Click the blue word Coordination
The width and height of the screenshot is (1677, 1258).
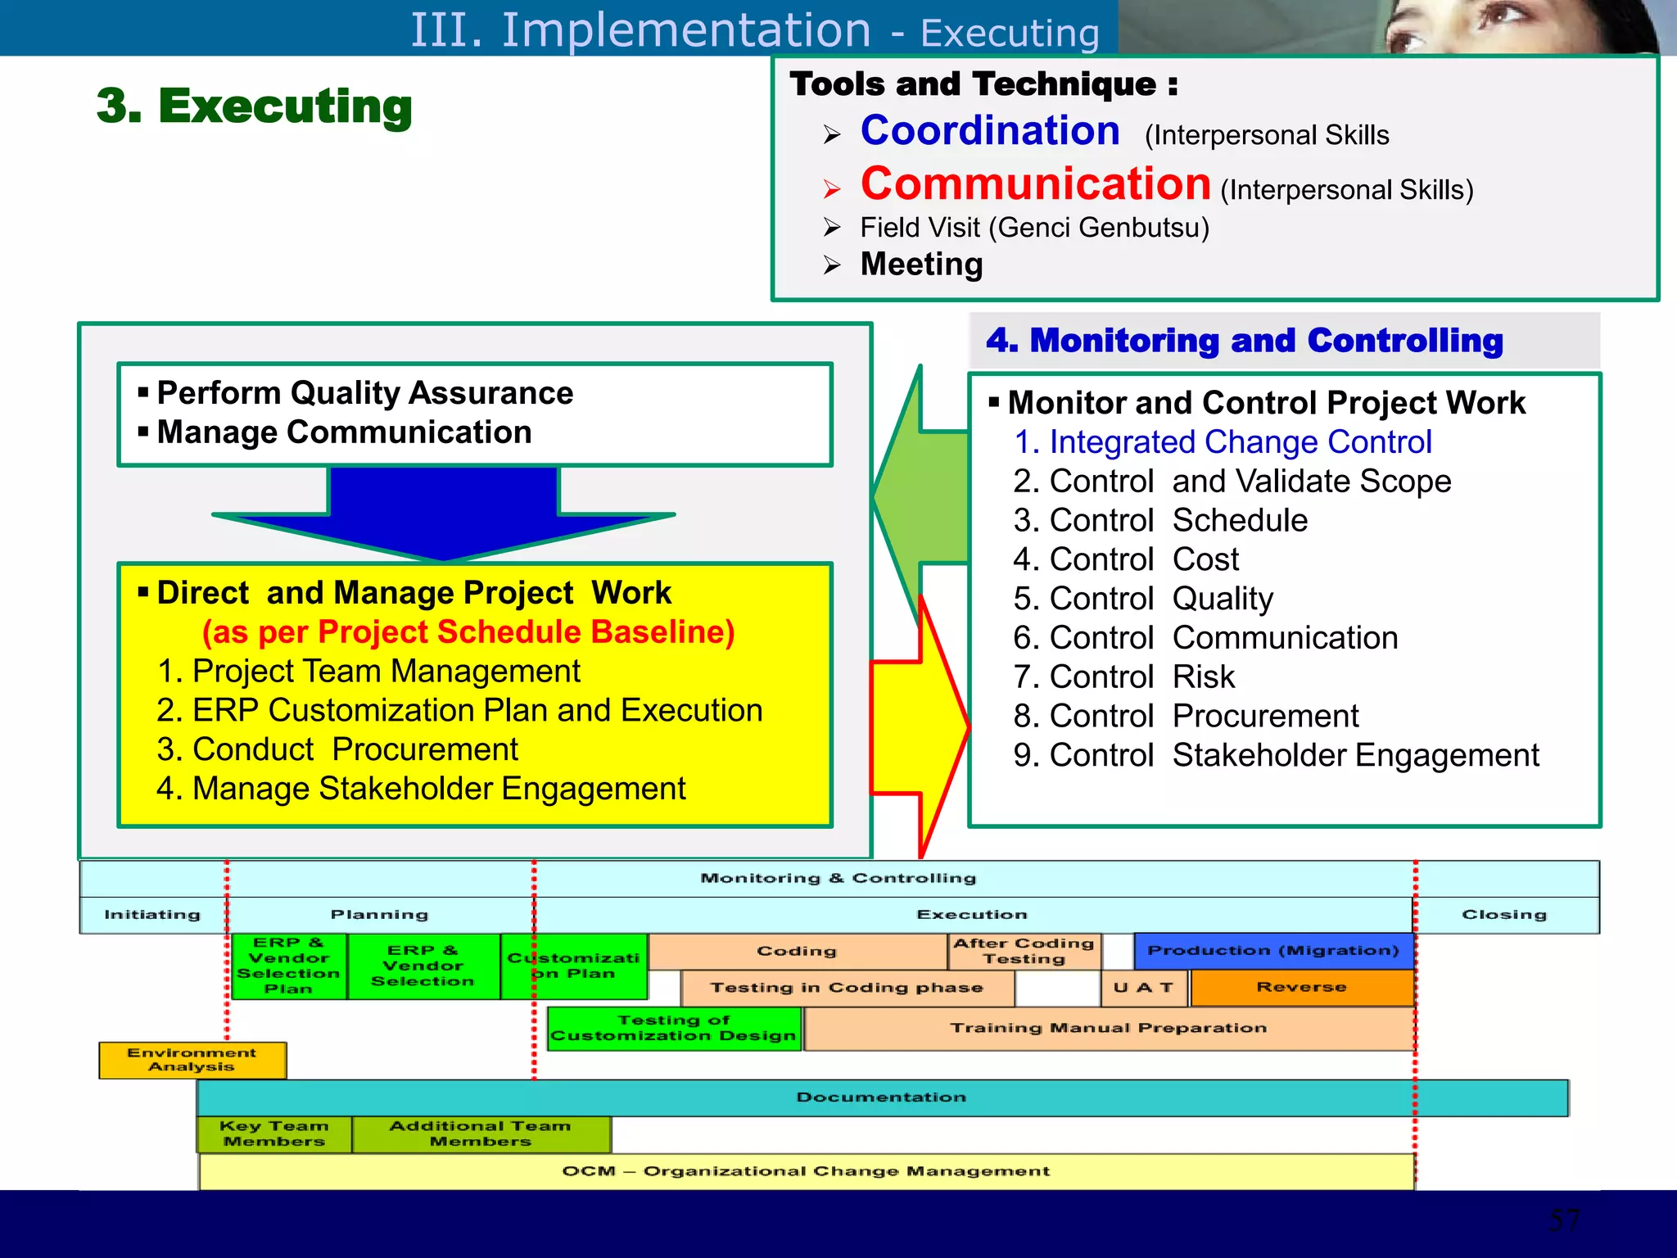[x=989, y=131]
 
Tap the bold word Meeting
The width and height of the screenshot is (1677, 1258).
[x=921, y=265]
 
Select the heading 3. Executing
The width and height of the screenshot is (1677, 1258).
[x=254, y=106]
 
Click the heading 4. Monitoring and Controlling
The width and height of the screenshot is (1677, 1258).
[x=1244, y=340]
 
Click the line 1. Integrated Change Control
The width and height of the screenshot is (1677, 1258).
[x=1223, y=442]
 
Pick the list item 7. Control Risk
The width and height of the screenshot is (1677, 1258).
[x=1123, y=677]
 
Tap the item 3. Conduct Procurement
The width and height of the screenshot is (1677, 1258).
[x=337, y=749]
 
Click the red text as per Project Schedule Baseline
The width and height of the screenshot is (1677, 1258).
[x=468, y=632]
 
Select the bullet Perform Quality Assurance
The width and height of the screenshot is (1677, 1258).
[x=364, y=393]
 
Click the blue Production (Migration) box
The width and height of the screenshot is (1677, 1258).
[x=1273, y=951]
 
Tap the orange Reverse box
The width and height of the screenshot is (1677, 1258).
[x=1301, y=988]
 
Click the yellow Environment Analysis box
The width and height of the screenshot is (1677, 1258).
[x=192, y=1060]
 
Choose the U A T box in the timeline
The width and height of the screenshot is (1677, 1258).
[x=1143, y=988]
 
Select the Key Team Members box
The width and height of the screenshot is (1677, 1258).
[x=274, y=1134]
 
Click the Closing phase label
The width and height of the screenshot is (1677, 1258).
[x=1504, y=915]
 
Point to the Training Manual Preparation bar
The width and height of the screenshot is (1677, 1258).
[x=1108, y=1029]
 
